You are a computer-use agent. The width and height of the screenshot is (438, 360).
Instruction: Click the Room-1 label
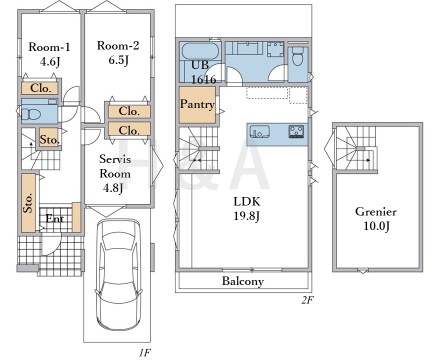(x=49, y=47)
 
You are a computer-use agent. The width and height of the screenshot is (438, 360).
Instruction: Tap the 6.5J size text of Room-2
(x=118, y=60)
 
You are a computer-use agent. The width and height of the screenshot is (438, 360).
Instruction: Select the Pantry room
(x=197, y=105)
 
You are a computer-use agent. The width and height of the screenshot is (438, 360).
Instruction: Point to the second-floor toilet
(x=297, y=56)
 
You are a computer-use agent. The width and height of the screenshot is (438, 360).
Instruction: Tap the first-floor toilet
(x=31, y=114)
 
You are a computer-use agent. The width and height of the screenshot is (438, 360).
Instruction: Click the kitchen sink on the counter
(x=260, y=131)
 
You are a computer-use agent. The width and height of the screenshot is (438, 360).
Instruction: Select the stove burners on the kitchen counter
(x=296, y=131)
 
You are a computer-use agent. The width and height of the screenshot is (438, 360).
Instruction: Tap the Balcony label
(x=243, y=281)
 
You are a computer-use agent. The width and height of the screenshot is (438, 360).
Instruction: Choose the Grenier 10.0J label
(x=376, y=219)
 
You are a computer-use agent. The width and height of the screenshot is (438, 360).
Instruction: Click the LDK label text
(x=247, y=201)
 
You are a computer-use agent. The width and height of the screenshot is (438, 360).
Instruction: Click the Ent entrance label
(x=55, y=219)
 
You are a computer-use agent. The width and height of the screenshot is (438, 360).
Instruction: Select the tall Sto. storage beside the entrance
(x=29, y=203)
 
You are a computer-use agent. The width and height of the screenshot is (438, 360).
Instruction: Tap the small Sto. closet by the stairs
(x=49, y=139)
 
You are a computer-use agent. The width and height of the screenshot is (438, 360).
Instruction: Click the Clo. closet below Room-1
(x=40, y=88)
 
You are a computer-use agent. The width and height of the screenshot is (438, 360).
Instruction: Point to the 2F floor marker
(x=307, y=300)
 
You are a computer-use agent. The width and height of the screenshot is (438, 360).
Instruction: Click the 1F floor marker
(x=145, y=352)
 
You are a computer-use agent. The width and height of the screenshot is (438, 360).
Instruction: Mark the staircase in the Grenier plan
(x=357, y=149)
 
